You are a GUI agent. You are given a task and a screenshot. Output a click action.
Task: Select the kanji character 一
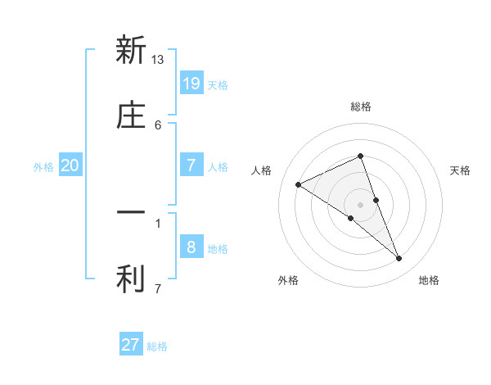tap(131, 212)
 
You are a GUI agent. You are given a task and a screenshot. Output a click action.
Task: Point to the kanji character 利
tap(131, 280)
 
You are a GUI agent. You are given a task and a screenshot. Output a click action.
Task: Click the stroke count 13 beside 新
tap(158, 59)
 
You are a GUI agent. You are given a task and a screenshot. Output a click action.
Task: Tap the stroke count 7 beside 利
tap(158, 288)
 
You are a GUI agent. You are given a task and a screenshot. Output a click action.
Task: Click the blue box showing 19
tap(191, 83)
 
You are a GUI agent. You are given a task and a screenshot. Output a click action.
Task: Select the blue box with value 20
tap(70, 165)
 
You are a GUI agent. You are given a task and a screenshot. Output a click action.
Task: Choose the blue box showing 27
tap(131, 345)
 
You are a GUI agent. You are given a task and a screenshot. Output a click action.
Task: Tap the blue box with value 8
tap(191, 247)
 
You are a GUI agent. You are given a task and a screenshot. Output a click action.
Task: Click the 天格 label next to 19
tap(218, 85)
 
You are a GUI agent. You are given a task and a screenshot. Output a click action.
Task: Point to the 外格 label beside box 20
tap(43, 167)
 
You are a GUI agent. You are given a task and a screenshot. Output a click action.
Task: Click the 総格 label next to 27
tap(157, 346)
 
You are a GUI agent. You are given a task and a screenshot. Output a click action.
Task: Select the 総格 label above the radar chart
tap(361, 106)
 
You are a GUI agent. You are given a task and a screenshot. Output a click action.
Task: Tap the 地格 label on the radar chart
tap(429, 280)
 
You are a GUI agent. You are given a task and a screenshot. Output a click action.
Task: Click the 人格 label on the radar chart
tap(262, 170)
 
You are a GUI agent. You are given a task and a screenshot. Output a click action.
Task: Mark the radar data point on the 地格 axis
tap(399, 259)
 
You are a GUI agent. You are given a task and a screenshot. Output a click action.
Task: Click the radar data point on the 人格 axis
tap(298, 184)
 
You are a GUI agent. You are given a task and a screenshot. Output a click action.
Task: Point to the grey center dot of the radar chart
tap(361, 204)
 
